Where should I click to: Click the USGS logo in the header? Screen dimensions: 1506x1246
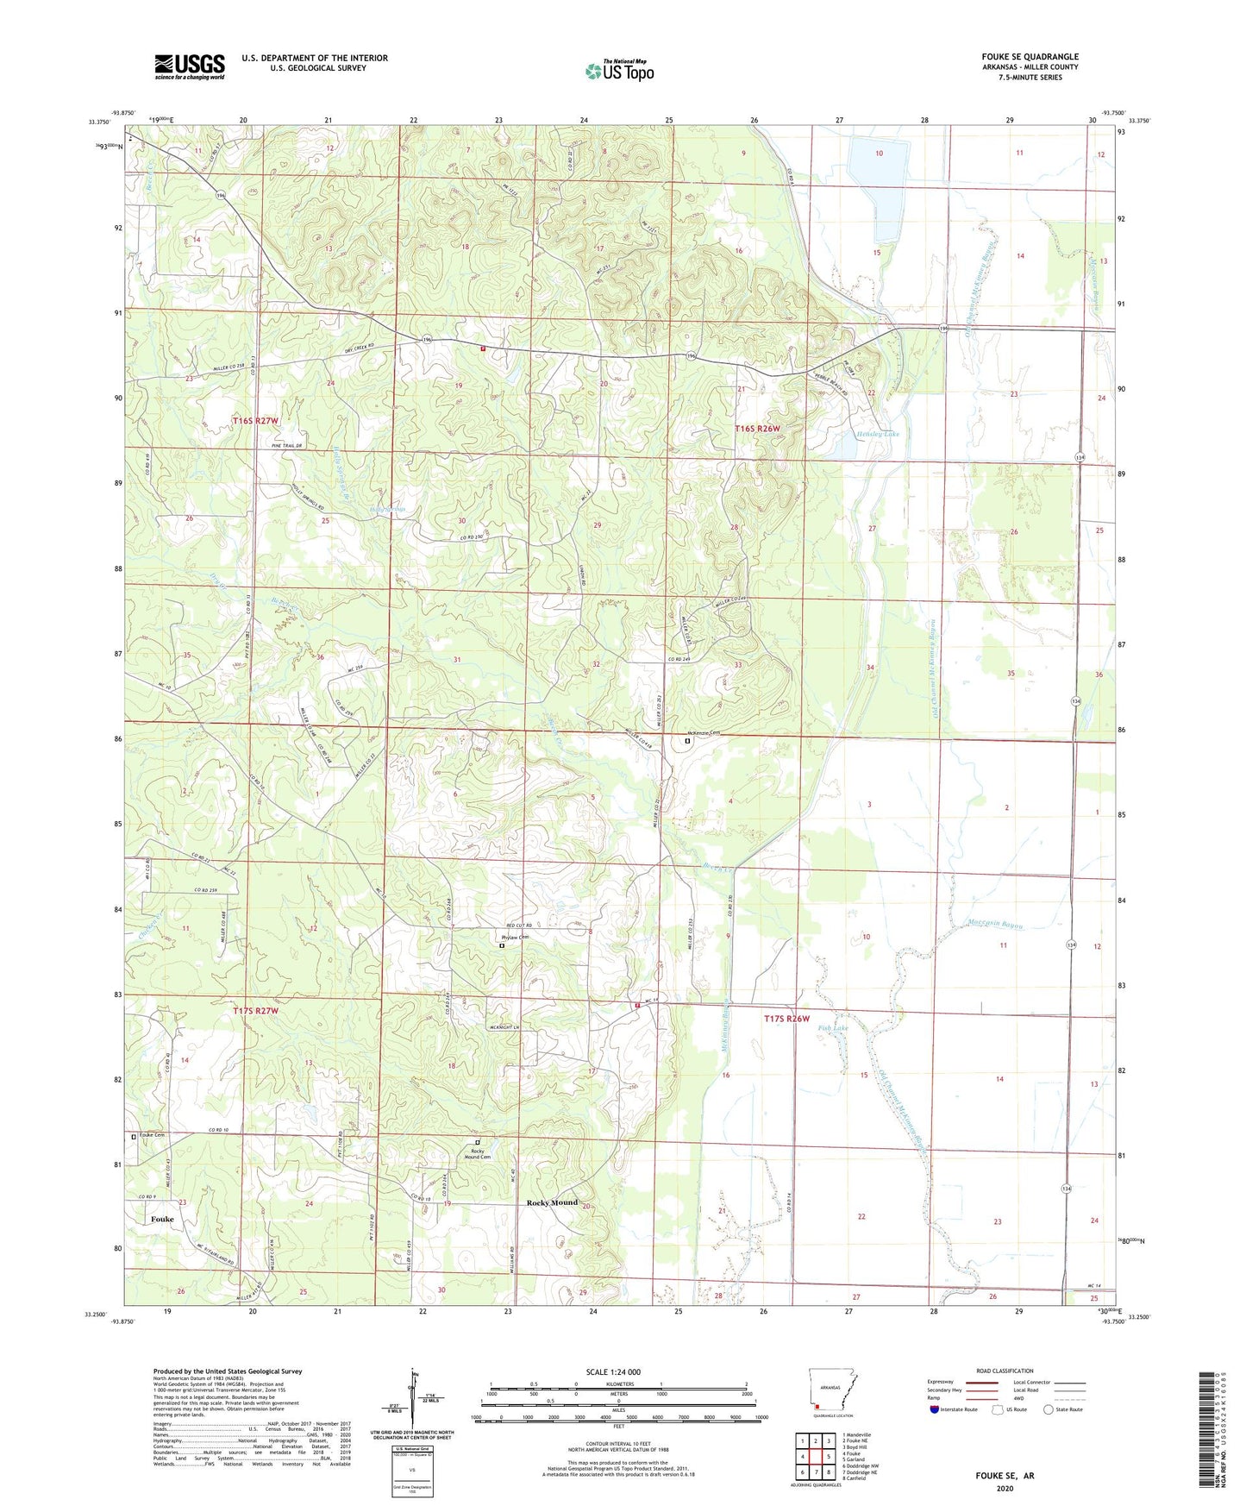(x=190, y=66)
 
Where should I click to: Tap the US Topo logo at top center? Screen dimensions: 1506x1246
(x=619, y=71)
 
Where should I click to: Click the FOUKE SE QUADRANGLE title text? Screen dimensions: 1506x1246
(x=1024, y=57)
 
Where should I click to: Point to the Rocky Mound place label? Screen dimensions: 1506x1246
(x=552, y=1202)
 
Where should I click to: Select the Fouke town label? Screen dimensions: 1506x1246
(x=162, y=1219)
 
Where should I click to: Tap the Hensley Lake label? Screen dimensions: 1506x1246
(x=873, y=434)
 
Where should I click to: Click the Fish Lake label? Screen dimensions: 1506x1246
(x=833, y=1028)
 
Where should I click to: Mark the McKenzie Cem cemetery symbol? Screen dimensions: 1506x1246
(x=688, y=740)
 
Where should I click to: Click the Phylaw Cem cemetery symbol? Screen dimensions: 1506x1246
(x=502, y=945)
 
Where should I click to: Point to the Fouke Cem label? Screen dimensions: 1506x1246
(x=152, y=1134)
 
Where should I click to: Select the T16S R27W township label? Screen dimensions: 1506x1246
(x=256, y=420)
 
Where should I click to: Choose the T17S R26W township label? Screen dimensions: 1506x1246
(x=787, y=1019)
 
